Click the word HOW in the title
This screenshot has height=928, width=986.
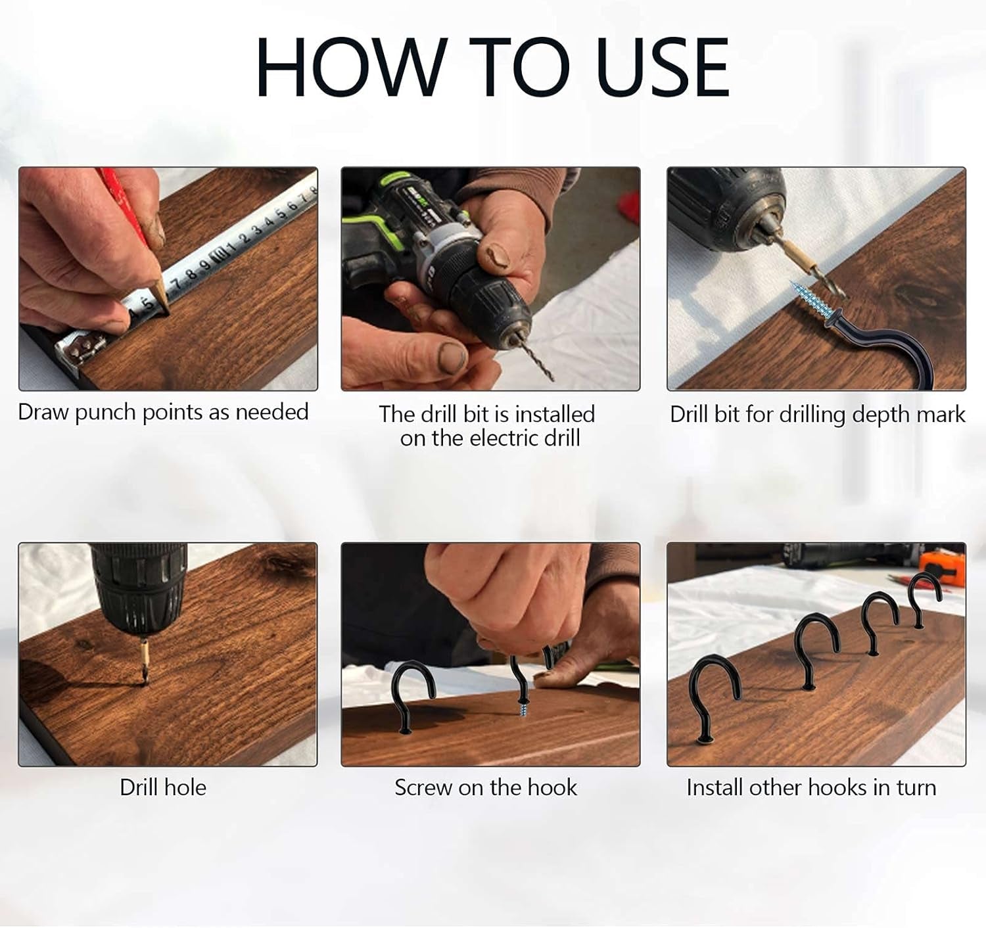(x=348, y=66)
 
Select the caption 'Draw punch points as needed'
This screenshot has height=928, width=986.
(x=163, y=412)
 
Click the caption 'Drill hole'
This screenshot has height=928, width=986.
(x=163, y=787)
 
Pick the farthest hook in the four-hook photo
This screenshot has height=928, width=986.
(x=924, y=598)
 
